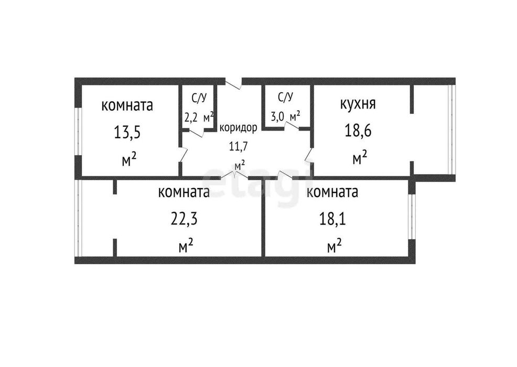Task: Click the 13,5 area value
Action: (x=127, y=133)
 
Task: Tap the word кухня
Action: (x=358, y=103)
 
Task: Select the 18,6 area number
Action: (x=358, y=131)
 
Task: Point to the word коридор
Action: (x=238, y=128)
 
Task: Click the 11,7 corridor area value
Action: (x=239, y=146)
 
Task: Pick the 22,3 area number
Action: (x=184, y=218)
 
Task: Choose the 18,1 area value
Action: (x=332, y=218)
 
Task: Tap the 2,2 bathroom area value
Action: (x=191, y=117)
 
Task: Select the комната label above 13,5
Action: (x=127, y=105)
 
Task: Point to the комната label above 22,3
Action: (x=184, y=192)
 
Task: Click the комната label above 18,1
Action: (x=332, y=192)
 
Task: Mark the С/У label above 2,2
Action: (x=199, y=98)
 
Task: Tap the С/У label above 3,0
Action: (x=286, y=97)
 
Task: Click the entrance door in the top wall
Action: (x=233, y=83)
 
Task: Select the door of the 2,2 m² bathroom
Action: (x=197, y=132)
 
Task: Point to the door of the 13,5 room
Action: (x=184, y=154)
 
